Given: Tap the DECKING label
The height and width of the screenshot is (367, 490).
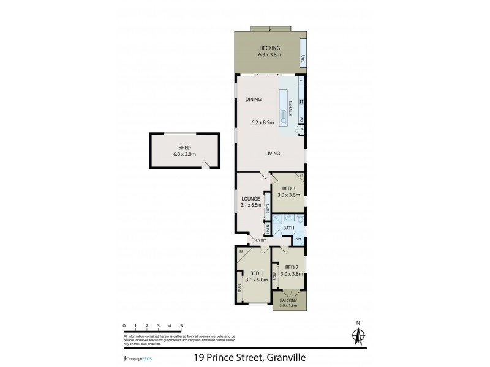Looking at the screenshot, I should (269, 48).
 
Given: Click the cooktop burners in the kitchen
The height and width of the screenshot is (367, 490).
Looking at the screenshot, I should (302, 102).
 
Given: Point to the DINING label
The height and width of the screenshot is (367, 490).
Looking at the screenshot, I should (253, 99).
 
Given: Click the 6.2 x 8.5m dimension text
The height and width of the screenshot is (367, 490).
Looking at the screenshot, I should (262, 122).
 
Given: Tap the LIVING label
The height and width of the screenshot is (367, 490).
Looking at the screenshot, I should (273, 154).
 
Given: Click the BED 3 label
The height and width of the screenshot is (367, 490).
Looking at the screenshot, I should (282, 188).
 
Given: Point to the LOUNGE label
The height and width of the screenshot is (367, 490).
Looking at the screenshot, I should (251, 199).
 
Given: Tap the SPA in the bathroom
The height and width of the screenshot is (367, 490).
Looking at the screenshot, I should (299, 239).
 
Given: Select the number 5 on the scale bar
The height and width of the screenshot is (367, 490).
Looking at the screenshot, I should (181, 326).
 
